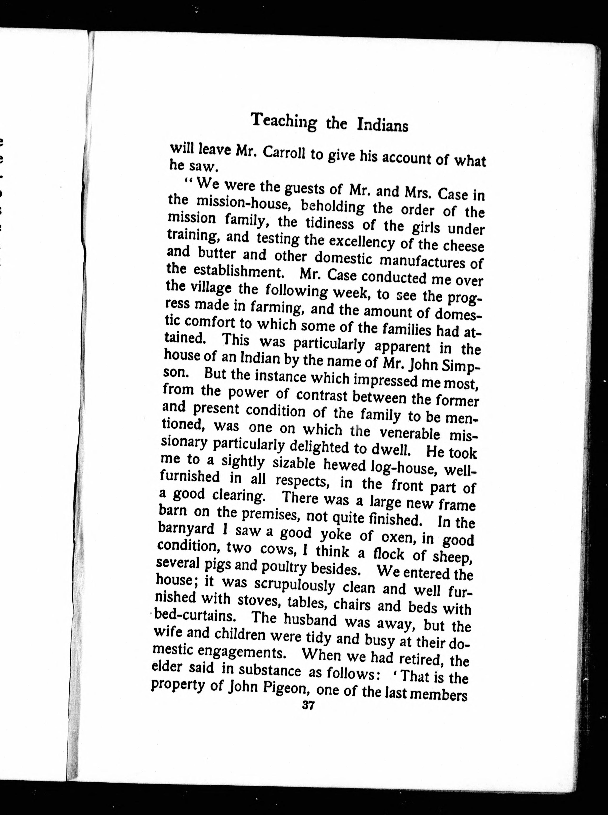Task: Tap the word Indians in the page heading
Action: click(x=382, y=126)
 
